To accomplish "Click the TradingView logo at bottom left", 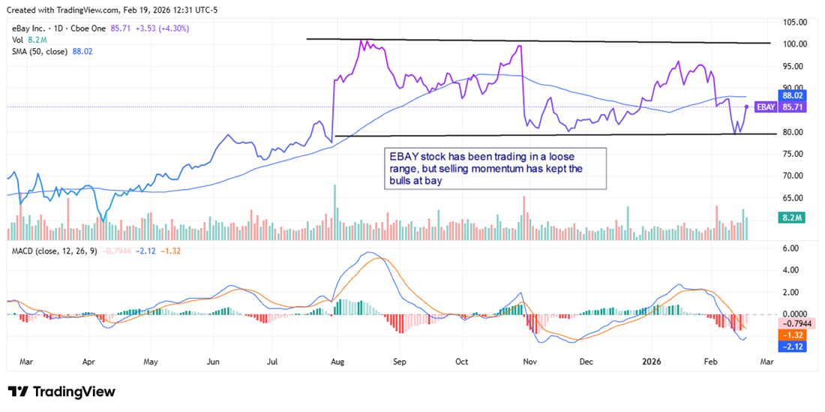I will click(61, 392).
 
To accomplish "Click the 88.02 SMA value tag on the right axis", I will click(793, 96).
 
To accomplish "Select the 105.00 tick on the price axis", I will click(793, 22).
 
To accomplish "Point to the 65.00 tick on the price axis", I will click(793, 198).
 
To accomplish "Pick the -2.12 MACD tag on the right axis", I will click(793, 346).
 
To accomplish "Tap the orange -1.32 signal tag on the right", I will click(793, 335).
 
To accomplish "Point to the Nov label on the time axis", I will click(530, 361).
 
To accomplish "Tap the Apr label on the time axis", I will click(88, 361).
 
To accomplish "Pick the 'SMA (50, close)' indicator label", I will click(39, 51).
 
